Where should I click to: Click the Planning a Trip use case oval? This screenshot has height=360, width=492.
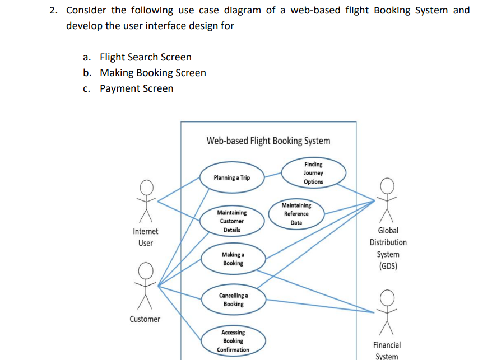coord(232,177)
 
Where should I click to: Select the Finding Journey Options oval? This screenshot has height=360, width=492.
coord(313,173)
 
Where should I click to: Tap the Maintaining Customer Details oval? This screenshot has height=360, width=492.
coord(232,221)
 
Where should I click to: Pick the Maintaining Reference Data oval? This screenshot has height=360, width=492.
coord(296,214)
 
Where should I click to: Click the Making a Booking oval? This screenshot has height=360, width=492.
coord(233,259)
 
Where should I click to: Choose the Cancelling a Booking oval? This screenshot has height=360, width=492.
coord(234,300)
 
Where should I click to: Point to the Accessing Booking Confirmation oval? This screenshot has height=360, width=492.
coord(233,341)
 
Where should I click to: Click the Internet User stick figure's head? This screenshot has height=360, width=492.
coord(146,188)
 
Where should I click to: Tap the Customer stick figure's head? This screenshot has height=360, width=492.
coord(146,270)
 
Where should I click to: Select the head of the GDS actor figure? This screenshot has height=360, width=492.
coord(387,186)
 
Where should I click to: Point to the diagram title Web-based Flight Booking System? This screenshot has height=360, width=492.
coord(268,141)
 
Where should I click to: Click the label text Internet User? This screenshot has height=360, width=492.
coord(146,237)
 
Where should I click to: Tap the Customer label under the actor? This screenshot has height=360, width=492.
coord(145,319)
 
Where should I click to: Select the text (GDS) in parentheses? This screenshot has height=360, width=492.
coord(388,266)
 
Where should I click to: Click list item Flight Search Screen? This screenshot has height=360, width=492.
coord(146,57)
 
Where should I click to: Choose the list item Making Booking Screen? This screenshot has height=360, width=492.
coord(153,73)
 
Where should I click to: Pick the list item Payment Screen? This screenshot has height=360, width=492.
coord(137,88)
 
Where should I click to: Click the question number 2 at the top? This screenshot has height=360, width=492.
coord(53,10)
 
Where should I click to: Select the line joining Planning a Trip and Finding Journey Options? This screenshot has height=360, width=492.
coord(273,175)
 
